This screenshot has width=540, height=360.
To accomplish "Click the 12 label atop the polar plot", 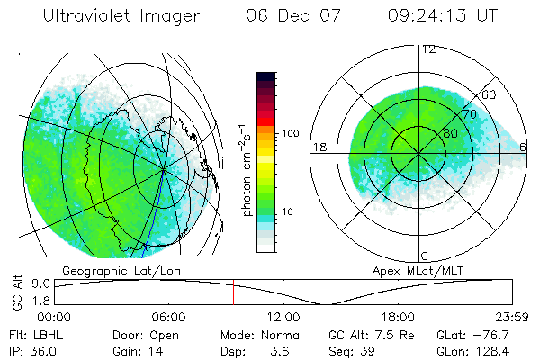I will coord(428,49).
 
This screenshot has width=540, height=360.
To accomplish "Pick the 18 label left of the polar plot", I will coord(318,147).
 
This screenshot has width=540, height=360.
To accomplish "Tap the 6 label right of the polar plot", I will coord(524,147).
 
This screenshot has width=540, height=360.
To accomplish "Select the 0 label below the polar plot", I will coord(424,256).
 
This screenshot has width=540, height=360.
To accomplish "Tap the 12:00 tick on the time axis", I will coord(283,316).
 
